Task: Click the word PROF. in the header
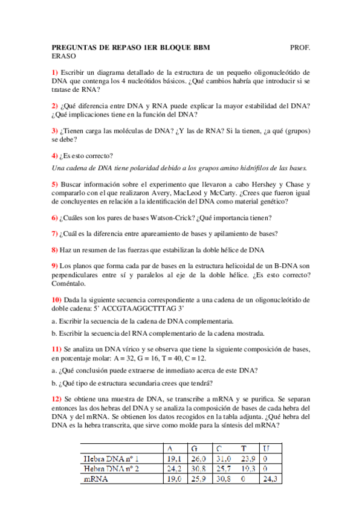(300, 46)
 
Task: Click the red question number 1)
(55, 72)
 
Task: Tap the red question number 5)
(55, 184)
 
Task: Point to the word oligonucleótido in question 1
(278, 72)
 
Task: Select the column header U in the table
(267, 448)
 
